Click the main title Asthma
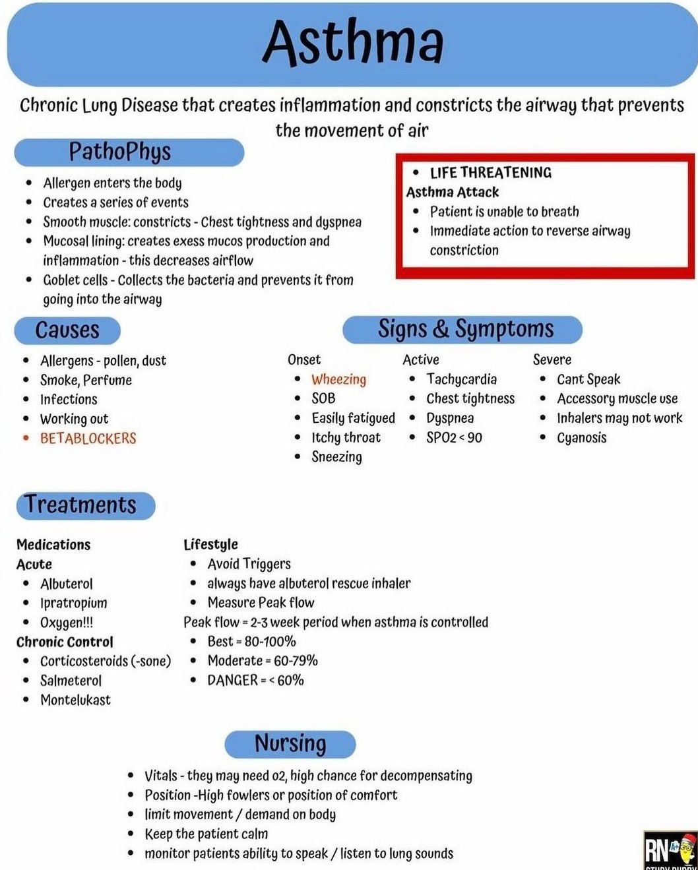353,42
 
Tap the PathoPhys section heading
121,152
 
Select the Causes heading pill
67,330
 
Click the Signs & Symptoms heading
464,328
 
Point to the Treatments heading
82,505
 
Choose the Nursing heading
290,743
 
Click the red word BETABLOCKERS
88,438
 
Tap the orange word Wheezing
338,379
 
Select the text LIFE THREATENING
490,173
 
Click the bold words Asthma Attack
453,192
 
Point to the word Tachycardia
461,379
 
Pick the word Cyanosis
581,438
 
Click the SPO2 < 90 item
454,438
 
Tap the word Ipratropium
73,603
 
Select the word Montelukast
75,700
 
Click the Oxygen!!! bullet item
67,623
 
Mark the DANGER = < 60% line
255,680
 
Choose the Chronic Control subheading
65,642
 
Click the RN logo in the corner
668,850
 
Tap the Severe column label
552,359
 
